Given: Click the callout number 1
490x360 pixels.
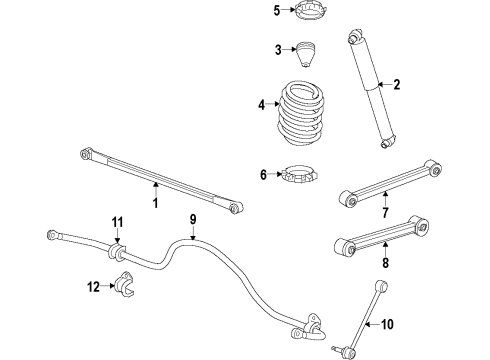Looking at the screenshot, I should pyautogui.click(x=156, y=204).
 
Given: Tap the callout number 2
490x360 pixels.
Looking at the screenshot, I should pyautogui.click(x=396, y=85).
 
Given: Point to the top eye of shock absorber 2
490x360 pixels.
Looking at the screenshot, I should pyautogui.click(x=354, y=38).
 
